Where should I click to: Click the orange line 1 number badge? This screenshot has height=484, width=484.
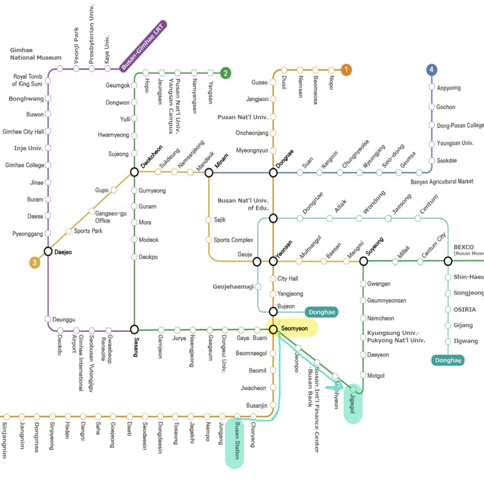pyautogui.click(x=346, y=70)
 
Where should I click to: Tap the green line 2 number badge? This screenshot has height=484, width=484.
pyautogui.click(x=226, y=73)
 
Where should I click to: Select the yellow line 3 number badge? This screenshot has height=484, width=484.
pyautogui.click(x=35, y=262)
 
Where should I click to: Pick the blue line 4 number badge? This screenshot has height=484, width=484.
pyautogui.click(x=432, y=70)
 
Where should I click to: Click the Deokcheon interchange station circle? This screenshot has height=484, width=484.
pyautogui.click(x=135, y=172)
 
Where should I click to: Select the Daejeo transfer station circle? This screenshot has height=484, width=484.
pyautogui.click(x=48, y=251)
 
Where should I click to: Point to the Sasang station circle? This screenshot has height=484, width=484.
pyautogui.click(x=135, y=329)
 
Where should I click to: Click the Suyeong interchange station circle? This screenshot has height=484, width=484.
pyautogui.click(x=363, y=261)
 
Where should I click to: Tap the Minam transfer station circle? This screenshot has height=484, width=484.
pyautogui.click(x=209, y=173)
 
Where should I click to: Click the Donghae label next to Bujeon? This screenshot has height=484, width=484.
pyautogui.click(x=322, y=312)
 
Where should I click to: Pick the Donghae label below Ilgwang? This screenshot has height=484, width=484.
pyautogui.click(x=448, y=361)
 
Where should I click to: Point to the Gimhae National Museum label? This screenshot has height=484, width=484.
pyautogui.click(x=36, y=54)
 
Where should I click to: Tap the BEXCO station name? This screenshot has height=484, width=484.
pyautogui.click(x=463, y=247)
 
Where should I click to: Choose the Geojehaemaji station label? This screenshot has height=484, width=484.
pyautogui.click(x=233, y=287)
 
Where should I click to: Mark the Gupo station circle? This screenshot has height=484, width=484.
pyautogui.click(x=113, y=190)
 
